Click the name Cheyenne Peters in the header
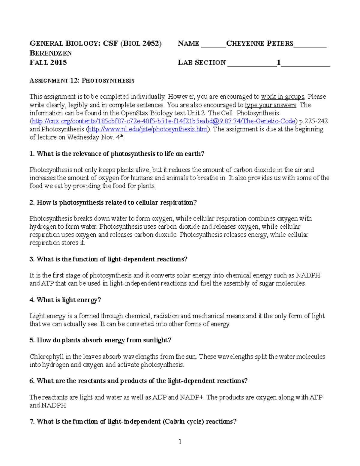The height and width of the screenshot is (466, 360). pyautogui.click(x=259, y=44)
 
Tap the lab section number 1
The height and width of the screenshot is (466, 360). pyautogui.click(x=278, y=62)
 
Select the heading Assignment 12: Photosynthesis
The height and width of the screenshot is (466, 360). pyautogui.click(x=82, y=80)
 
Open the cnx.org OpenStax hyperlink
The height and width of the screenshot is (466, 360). pyautogui.click(x=163, y=121)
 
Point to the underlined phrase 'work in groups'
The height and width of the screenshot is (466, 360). pyautogui.click(x=283, y=97)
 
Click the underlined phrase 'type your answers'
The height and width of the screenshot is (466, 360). pyautogui.click(x=271, y=105)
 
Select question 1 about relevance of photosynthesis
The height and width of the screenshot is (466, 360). pyautogui.click(x=117, y=154)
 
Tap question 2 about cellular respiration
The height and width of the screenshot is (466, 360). pyautogui.click(x=113, y=203)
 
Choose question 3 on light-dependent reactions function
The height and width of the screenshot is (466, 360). pyautogui.click(x=108, y=259)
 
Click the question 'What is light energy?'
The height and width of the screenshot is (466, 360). pyautogui.click(x=65, y=300)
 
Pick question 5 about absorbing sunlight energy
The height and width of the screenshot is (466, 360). pyautogui.click(x=100, y=340)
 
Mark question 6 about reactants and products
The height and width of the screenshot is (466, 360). pyautogui.click(x=138, y=381)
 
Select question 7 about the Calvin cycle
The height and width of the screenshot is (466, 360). pyautogui.click(x=133, y=422)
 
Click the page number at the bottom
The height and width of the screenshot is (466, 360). pyautogui.click(x=180, y=441)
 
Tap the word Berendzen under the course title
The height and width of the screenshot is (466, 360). pyautogui.click(x=51, y=53)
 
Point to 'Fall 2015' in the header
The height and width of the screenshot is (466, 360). pyautogui.click(x=48, y=62)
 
